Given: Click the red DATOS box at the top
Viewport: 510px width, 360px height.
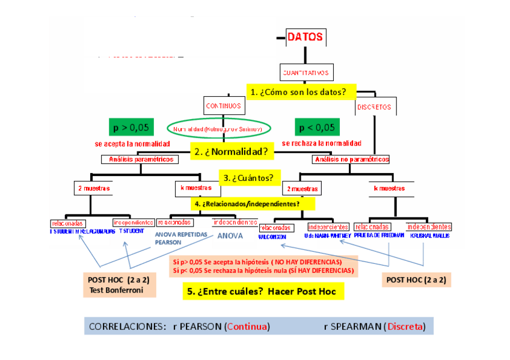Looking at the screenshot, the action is (305, 37).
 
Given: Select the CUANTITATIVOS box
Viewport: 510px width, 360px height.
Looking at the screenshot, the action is (306, 73).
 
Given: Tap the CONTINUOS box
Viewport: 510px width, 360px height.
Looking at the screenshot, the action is (223, 106).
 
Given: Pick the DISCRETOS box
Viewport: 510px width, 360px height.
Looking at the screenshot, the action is (373, 108).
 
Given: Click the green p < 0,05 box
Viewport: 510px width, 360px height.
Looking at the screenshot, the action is (317, 127).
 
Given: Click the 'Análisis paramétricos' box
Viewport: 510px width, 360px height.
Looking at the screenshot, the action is (141, 159).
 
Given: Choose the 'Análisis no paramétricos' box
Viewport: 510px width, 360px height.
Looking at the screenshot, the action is (351, 159).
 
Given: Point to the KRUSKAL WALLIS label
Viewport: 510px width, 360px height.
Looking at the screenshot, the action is (429, 236).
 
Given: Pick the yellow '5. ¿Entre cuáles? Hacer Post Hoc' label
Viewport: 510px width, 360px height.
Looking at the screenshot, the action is (263, 291).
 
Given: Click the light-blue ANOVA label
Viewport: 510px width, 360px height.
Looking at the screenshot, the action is (230, 236).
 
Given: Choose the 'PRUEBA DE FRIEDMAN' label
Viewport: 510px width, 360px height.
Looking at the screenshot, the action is (378, 236).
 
